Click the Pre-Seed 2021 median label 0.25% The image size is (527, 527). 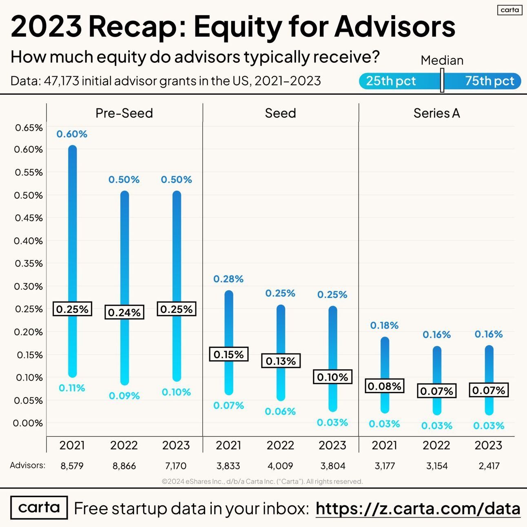pos(72,309)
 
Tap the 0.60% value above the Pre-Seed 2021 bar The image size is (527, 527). pos(72,134)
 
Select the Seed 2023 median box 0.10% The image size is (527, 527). pos(332,377)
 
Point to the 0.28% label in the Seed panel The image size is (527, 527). pos(228,279)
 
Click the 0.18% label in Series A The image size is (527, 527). pos(384,325)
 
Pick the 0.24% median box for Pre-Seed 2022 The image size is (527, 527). pos(124,312)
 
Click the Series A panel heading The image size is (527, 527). pos(436,113)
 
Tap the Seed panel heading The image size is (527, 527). pos(280,113)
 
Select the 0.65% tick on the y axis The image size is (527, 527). pos(29,128)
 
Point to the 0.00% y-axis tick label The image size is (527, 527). pos(28,423)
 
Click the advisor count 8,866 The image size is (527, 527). pos(124,466)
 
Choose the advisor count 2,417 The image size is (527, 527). pos(489,466)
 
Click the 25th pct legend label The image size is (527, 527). pos(391,81)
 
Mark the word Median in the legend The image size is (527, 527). pos(442,60)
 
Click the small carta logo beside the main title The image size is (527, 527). pos(509,10)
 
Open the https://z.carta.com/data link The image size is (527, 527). pos(418,509)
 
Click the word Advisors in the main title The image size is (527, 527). pos(395,27)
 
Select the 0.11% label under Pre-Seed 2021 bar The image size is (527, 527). pos(72,388)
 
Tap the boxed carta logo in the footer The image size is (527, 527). pos(39,507)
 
